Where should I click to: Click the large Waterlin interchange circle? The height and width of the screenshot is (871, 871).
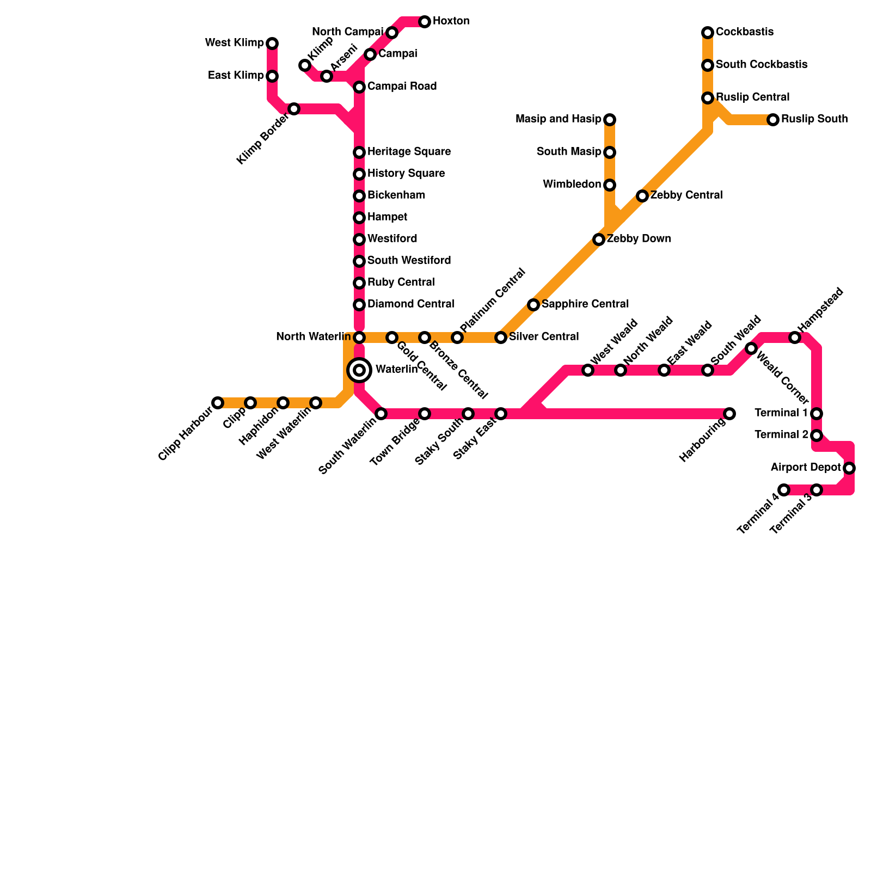pyautogui.click(x=359, y=370)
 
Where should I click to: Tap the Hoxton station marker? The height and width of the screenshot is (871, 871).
pyautogui.click(x=425, y=22)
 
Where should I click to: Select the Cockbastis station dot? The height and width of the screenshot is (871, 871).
pyautogui.click(x=708, y=33)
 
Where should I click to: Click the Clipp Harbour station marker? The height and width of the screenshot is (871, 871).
pyautogui.click(x=218, y=403)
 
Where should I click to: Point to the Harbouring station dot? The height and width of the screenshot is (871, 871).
pyautogui.click(x=729, y=414)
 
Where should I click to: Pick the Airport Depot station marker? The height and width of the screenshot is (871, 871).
pyautogui.click(x=849, y=468)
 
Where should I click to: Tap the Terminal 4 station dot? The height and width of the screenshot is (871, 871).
pyautogui.click(x=784, y=490)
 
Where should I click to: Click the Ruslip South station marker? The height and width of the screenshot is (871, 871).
pyautogui.click(x=773, y=120)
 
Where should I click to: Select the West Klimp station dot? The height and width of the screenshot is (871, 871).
pyautogui.click(x=272, y=44)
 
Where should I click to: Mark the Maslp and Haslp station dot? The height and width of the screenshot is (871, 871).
pyautogui.click(x=610, y=120)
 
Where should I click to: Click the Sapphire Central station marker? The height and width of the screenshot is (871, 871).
pyautogui.click(x=533, y=305)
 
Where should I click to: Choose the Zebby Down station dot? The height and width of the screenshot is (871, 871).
pyautogui.click(x=599, y=240)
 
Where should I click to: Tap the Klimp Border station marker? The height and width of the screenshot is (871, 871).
pyautogui.click(x=294, y=109)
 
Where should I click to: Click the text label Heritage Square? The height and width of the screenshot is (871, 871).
pyautogui.click(x=409, y=151)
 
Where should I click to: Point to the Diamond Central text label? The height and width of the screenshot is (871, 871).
pyautogui.click(x=410, y=304)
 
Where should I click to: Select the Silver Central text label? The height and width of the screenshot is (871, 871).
pyautogui.click(x=543, y=336)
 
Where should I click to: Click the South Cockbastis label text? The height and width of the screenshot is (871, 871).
pyautogui.click(x=761, y=64)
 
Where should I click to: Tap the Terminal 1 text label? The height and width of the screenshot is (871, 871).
pyautogui.click(x=781, y=413)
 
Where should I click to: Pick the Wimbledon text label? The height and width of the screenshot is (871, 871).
pyautogui.click(x=572, y=184)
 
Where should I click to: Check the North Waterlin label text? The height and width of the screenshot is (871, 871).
pyautogui.click(x=313, y=336)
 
